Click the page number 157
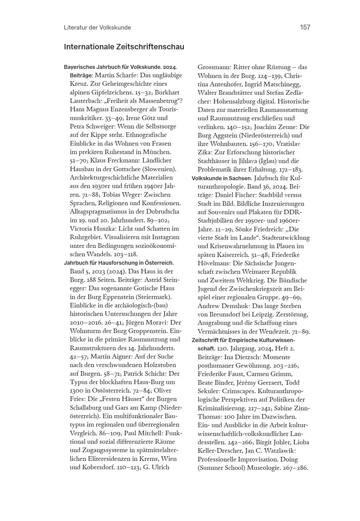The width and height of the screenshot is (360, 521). click(x=305, y=27)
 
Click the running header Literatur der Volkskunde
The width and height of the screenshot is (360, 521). click(x=97, y=27)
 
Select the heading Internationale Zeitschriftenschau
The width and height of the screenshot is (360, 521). click(x=124, y=47)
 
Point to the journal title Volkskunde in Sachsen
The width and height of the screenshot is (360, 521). click(x=221, y=178)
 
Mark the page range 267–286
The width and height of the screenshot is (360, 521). click(x=291, y=468)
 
